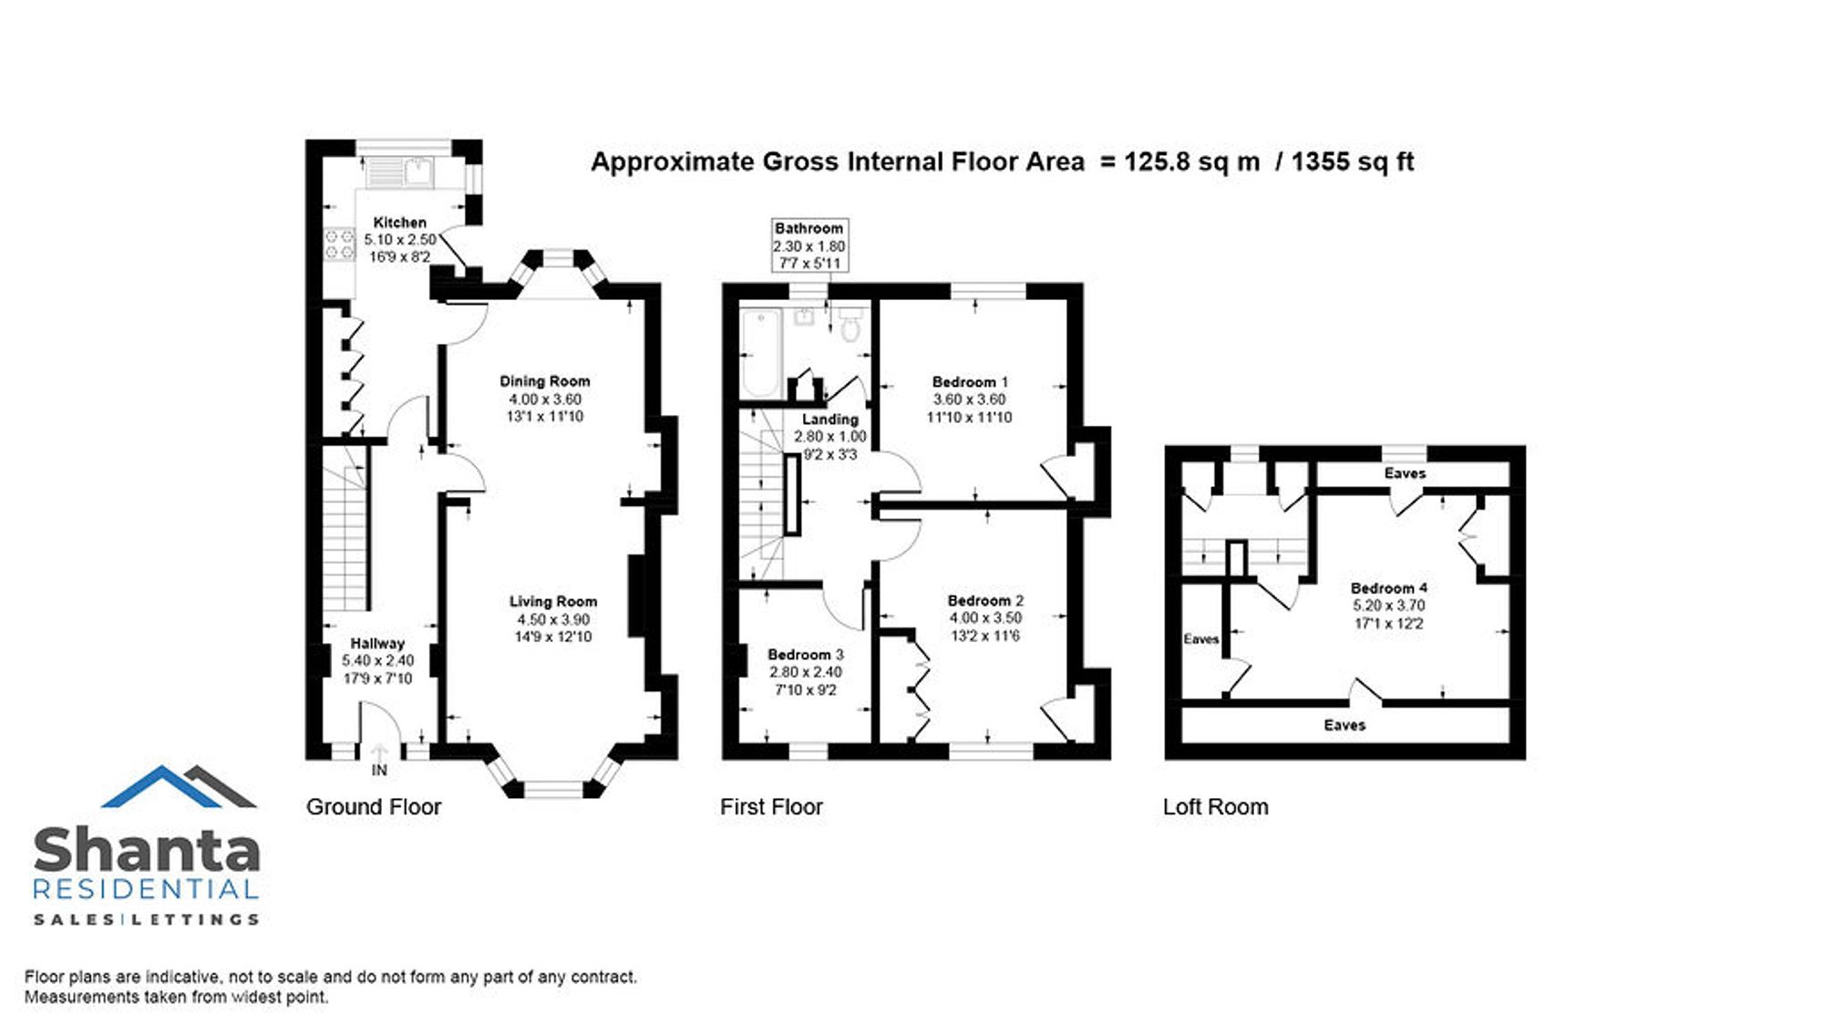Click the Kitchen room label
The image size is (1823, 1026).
(400, 223)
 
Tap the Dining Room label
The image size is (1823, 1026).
(545, 381)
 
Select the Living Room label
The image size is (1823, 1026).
(553, 602)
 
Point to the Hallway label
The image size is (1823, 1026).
(377, 644)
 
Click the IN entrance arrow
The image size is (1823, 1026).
(379, 754)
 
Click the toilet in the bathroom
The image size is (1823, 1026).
(850, 324)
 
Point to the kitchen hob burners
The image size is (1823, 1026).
(340, 244)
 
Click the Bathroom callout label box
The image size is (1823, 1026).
(809, 245)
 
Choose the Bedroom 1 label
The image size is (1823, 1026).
(970, 382)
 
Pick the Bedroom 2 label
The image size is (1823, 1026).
(985, 601)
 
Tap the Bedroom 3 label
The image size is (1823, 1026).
(806, 655)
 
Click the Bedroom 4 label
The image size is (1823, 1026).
(1389, 588)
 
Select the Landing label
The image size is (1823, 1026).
(829, 420)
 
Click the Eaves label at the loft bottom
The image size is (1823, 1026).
(1344, 725)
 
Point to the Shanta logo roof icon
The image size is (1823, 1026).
(179, 786)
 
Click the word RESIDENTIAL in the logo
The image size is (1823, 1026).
(146, 889)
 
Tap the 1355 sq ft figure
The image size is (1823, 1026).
(1353, 162)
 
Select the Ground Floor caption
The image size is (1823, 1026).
(374, 807)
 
